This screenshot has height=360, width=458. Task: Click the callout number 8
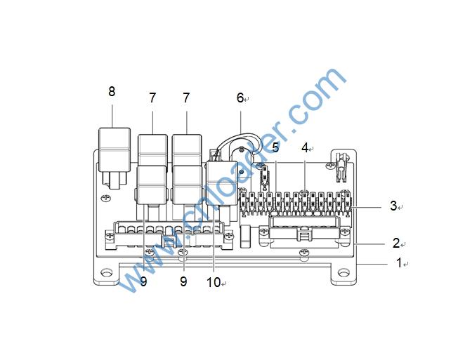112,92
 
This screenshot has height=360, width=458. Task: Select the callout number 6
240,98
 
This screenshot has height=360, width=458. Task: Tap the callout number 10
214,282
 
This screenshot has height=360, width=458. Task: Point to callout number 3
393,206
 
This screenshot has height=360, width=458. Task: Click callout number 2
396,243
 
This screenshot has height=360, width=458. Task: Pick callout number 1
399,262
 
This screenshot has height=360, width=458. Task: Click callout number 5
275,147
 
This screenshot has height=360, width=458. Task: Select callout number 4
305,147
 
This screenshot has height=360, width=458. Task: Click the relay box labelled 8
115,149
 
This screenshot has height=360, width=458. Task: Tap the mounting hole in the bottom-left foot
106,273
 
